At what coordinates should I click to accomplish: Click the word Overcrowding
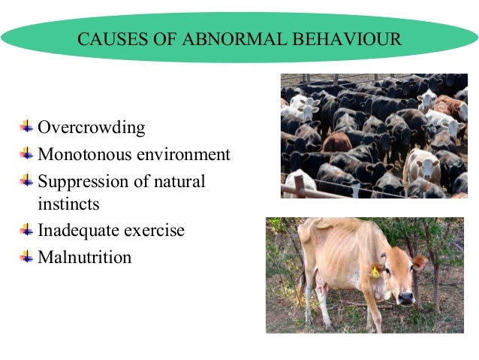(x=91, y=128)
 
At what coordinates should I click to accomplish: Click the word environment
(x=182, y=155)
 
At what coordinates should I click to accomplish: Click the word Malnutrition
(x=84, y=257)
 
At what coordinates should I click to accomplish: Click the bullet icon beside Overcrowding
(x=27, y=126)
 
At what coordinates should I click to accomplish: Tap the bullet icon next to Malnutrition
(x=27, y=256)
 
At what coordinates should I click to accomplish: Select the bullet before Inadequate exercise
(x=27, y=228)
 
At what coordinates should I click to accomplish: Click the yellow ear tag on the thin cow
(x=375, y=271)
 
